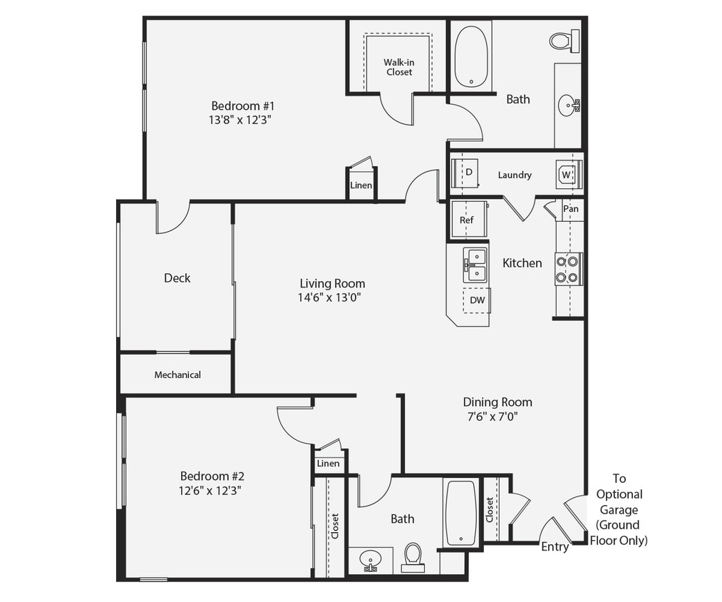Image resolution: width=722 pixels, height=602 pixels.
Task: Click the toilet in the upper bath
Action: click(x=564, y=41)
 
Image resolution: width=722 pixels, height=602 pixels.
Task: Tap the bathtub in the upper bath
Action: click(x=471, y=56)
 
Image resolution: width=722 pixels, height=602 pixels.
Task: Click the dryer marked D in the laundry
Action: click(x=468, y=173)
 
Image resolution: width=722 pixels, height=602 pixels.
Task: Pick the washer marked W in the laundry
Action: click(x=567, y=174)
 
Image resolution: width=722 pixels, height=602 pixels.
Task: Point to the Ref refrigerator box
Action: click(x=467, y=220)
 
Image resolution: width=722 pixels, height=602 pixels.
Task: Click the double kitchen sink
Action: click(x=474, y=265)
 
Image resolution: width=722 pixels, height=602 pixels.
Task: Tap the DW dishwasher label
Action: click(x=477, y=300)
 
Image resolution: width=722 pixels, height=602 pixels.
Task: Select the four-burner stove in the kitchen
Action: click(x=568, y=269)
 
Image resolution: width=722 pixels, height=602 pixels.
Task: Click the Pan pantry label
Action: click(x=571, y=209)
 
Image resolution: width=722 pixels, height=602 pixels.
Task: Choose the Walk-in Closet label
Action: click(x=398, y=67)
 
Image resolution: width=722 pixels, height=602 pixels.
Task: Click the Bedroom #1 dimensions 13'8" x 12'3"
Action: click(x=239, y=120)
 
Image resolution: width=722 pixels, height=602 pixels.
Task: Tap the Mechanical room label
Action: click(x=177, y=374)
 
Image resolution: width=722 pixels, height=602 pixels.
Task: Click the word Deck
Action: click(x=177, y=278)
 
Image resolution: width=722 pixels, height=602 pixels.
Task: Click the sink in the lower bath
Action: click(x=370, y=560)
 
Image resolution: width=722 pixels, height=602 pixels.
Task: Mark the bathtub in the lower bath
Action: click(x=460, y=512)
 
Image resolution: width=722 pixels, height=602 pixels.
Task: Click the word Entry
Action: click(x=555, y=547)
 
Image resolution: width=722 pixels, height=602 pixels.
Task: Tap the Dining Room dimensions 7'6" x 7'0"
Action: click(x=497, y=417)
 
